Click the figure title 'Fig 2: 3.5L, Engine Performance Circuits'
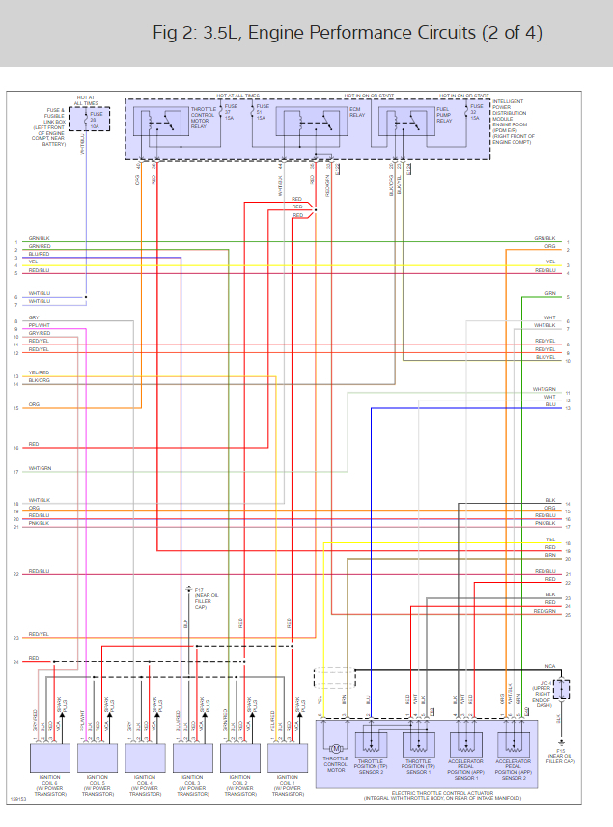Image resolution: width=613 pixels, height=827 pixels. click(348, 33)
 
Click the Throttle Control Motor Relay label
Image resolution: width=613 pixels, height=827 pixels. click(204, 117)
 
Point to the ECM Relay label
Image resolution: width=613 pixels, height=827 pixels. click(355, 113)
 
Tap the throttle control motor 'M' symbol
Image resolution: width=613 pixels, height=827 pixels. click(337, 748)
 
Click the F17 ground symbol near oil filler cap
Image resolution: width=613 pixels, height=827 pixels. click(189, 588)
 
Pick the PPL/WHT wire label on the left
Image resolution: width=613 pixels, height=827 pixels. click(40, 325)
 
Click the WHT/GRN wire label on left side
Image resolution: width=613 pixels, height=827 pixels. click(40, 468)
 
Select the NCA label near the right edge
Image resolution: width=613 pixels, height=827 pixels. click(549, 666)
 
